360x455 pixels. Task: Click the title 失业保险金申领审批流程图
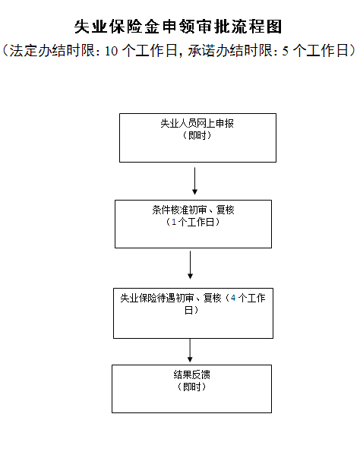point(178,27)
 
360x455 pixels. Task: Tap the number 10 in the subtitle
point(112,51)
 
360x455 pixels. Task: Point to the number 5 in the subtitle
point(286,51)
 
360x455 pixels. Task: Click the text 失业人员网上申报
point(197,123)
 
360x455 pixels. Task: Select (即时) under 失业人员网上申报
point(197,135)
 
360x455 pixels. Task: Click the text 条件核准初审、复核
point(193,210)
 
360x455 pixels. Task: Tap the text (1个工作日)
point(193,222)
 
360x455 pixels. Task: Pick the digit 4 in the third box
point(233,298)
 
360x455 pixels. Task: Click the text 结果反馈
point(191,374)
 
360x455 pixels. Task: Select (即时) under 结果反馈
point(191,387)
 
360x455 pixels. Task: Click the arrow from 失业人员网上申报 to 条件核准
point(194,181)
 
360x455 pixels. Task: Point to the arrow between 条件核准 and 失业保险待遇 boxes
point(191,265)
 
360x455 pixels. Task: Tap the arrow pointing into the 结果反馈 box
point(190,350)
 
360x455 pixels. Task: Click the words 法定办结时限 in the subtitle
point(52,51)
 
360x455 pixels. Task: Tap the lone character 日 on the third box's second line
point(188,310)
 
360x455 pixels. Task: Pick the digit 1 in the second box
point(174,222)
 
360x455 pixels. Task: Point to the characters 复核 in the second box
point(225,210)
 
